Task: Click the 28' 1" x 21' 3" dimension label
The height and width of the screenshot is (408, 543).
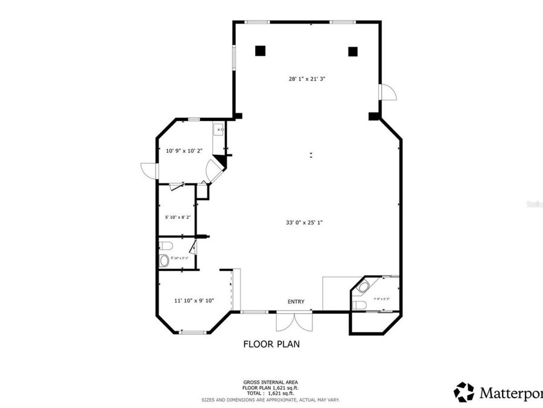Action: pos(308,79)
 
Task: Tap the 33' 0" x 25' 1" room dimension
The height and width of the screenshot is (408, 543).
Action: pos(304,222)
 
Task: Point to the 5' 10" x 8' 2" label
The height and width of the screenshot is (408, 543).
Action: pos(177,217)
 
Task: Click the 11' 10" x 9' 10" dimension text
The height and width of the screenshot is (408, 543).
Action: pos(194,300)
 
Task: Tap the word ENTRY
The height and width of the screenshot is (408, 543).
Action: pos(296,302)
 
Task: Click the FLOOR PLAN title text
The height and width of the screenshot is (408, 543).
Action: pos(271,344)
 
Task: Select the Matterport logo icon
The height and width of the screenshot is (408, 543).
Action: pos(464,392)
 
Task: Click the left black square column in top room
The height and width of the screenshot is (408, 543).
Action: pos(260,51)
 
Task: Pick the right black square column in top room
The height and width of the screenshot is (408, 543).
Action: pos(353,51)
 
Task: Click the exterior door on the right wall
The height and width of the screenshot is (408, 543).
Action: pos(386,91)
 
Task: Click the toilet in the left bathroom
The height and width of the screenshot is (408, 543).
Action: pos(165,245)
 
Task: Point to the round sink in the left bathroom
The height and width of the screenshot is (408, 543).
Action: pos(164,261)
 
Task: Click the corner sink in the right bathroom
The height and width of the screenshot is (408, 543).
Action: pos(363,284)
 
